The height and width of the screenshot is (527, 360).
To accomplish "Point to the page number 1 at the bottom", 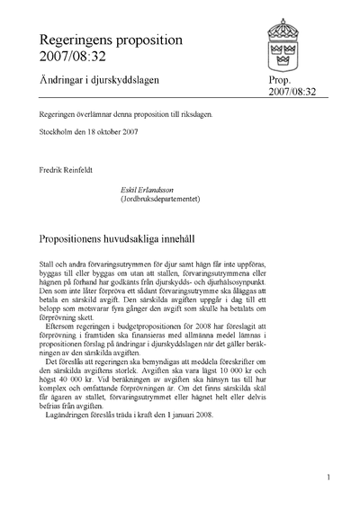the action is click(329, 478).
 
